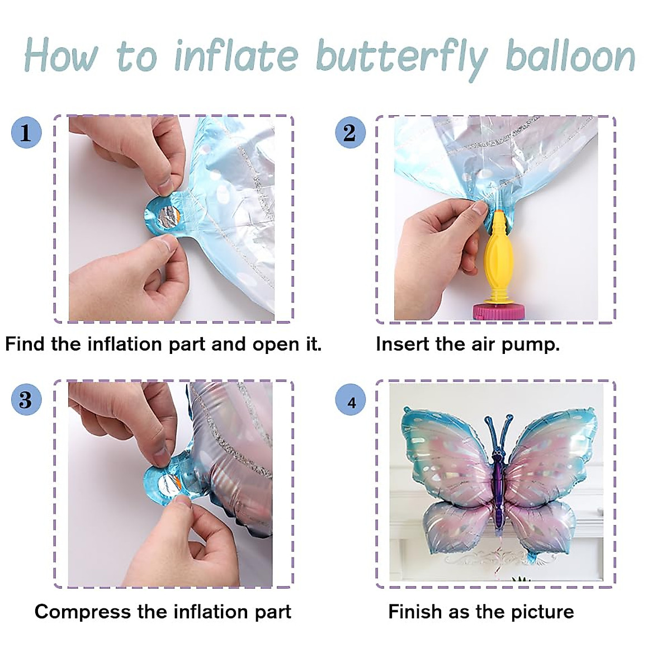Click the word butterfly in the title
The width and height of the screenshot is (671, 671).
click(x=401, y=58)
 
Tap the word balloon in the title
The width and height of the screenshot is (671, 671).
click(x=570, y=56)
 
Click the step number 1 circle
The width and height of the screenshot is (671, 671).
click(x=26, y=133)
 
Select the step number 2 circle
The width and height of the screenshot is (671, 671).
click(x=349, y=133)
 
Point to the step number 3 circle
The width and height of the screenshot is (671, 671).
click(x=26, y=400)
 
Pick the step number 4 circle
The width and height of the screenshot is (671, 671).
click(x=351, y=402)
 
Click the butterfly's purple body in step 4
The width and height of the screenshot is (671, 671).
click(x=497, y=481)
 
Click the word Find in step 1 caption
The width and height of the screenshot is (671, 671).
click(x=25, y=344)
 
